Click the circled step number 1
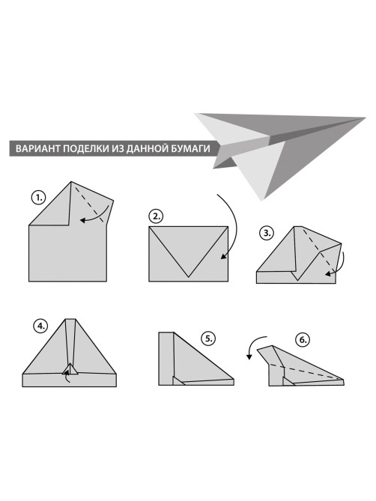click(39, 198)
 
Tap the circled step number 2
click(156, 216)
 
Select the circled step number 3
click(267, 233)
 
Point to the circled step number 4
click(40, 327)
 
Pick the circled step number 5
click(208, 338)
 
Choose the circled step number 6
click(303, 340)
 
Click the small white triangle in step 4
click(70, 369)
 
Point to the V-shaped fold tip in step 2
click(189, 276)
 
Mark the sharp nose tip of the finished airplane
click(365, 118)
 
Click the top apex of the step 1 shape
click(71, 182)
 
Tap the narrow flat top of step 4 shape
click(70, 319)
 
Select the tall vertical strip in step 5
click(166, 359)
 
